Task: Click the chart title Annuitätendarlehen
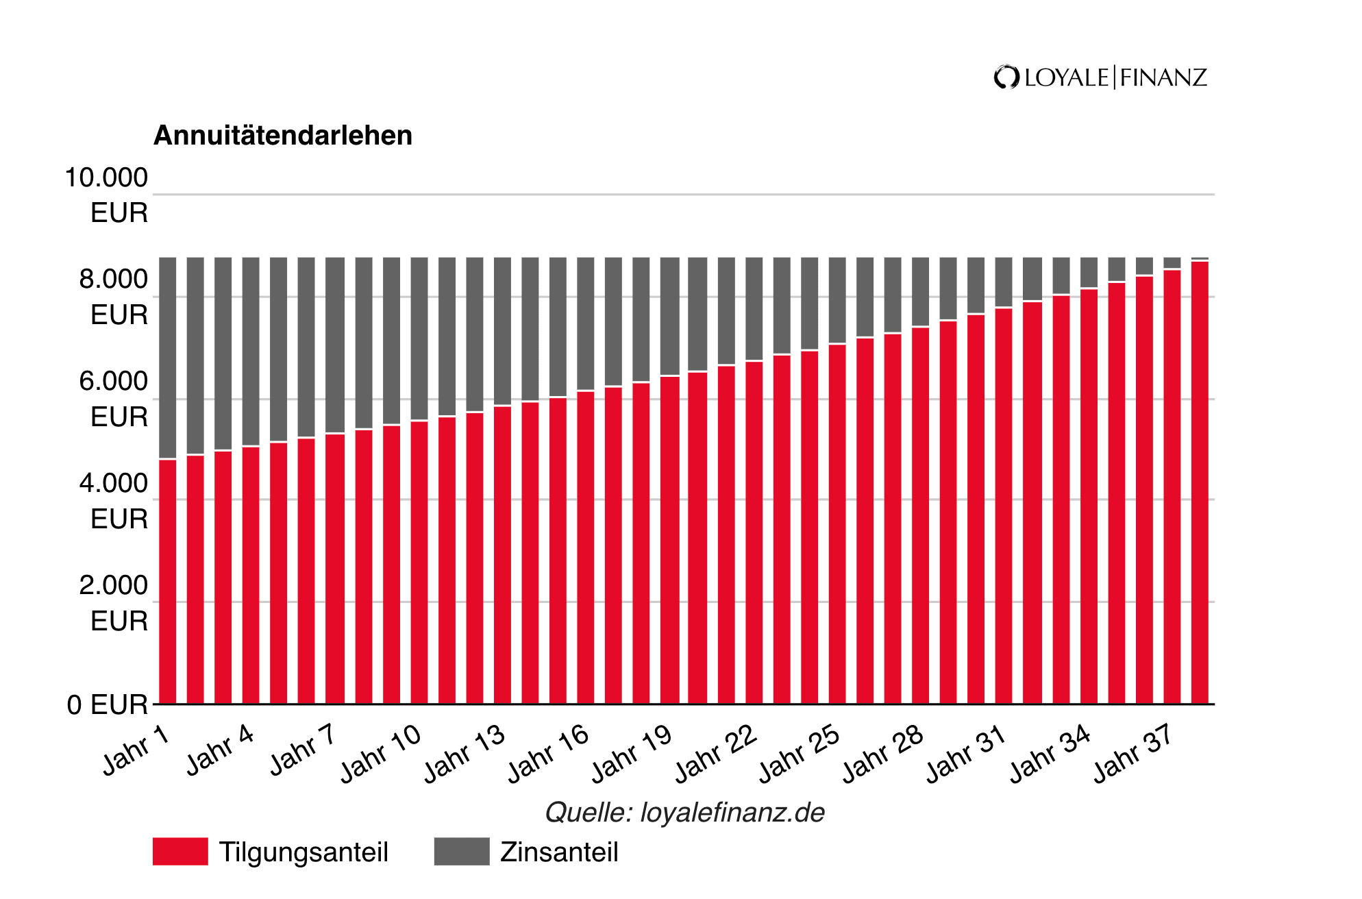click(x=282, y=136)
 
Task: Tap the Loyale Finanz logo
click(x=1100, y=77)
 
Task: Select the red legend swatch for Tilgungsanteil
click(x=180, y=852)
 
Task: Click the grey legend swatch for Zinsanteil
click(x=462, y=852)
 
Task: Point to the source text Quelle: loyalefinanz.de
click(x=684, y=813)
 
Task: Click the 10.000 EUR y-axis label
click(x=107, y=195)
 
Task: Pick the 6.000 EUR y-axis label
click(x=114, y=399)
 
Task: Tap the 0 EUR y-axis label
click(x=108, y=704)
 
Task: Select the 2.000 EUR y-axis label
click(x=114, y=603)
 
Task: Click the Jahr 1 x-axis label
click(x=136, y=751)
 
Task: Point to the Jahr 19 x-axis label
click(x=632, y=754)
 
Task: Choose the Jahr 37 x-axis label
click(x=1133, y=754)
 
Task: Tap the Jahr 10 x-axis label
click(x=381, y=754)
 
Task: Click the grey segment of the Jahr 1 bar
click(x=168, y=356)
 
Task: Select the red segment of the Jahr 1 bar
click(x=168, y=582)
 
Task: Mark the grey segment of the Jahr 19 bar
click(x=669, y=315)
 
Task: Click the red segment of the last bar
click(x=1200, y=480)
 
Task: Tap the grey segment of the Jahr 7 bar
click(x=335, y=343)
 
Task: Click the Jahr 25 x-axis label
click(x=799, y=754)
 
